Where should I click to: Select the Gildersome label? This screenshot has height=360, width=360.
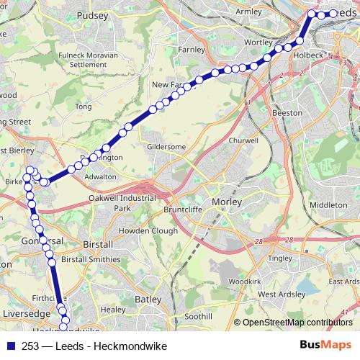pyautogui.click(x=166, y=146)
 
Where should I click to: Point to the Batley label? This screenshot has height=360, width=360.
pyautogui.click(x=148, y=298)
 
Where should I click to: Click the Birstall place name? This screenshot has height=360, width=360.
pyautogui.click(x=94, y=244)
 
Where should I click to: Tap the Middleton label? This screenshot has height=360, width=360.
pyautogui.click(x=328, y=204)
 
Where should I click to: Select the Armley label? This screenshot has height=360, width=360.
pyautogui.click(x=249, y=12)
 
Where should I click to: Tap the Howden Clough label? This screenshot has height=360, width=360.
pyautogui.click(x=148, y=230)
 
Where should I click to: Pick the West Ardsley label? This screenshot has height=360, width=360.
pyautogui.click(x=277, y=294)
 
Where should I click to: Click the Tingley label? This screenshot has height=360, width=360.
pyautogui.click(x=279, y=257)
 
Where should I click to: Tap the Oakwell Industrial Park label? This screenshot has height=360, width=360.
pyautogui.click(x=121, y=202)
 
